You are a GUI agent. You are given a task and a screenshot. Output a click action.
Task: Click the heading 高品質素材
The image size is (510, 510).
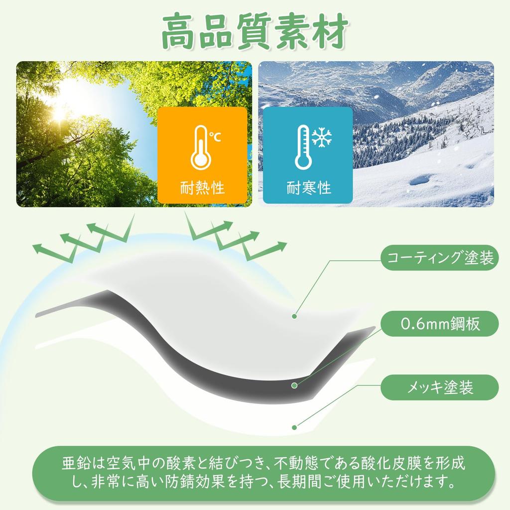coord(255,31)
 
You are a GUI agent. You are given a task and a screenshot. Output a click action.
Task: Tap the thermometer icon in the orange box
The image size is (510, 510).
coord(201,147)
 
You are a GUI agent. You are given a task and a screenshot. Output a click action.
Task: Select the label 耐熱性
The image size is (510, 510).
coord(202,188)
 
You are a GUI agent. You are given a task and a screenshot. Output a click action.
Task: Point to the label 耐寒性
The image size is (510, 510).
coord(308,188)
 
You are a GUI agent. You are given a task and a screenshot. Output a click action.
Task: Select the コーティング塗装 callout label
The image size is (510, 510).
coord(439,257)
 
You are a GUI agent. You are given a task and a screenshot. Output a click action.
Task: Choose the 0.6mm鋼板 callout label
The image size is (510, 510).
coord(439,324)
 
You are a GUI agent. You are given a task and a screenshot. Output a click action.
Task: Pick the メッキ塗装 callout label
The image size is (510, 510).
coord(439,387)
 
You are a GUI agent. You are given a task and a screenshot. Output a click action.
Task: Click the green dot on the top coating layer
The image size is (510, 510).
coord(294,316)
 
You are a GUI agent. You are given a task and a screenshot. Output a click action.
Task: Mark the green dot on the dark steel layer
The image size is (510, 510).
coord(294,385)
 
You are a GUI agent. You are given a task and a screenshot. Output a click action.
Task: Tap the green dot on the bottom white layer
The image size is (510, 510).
coord(294,427)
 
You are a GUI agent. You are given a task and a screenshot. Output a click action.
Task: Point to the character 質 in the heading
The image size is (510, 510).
coord(255,32)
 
